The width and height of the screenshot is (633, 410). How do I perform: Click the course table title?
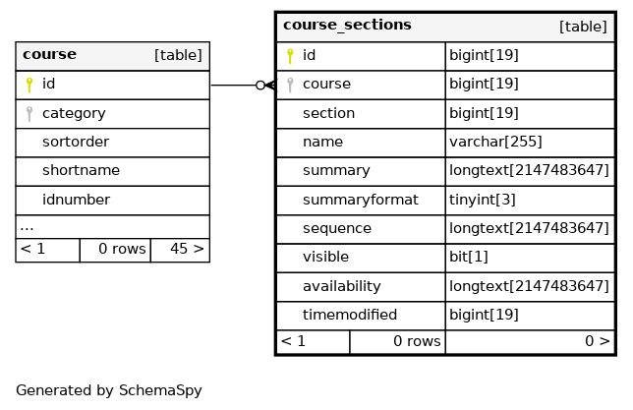coord(50,54)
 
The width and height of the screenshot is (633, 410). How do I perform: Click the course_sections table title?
coord(347,25)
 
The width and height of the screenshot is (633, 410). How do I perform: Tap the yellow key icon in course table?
coord(29,85)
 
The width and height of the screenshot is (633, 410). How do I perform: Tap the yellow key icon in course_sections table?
coord(290,56)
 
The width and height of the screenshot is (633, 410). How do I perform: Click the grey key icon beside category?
coord(29,113)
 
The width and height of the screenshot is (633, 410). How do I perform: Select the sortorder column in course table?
coord(76,142)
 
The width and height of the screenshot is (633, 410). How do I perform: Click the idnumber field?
coord(76,200)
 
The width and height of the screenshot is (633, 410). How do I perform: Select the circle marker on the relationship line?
coord(260,86)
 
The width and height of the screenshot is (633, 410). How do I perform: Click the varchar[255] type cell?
coord(495,142)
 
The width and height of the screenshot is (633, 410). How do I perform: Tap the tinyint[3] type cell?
coord(483,200)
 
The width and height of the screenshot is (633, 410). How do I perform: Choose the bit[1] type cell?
coord(469,257)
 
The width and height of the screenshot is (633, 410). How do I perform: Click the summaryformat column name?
coord(361,200)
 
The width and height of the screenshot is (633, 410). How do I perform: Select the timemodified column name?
coord(350,315)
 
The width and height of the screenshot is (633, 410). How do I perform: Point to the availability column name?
coord(341,286)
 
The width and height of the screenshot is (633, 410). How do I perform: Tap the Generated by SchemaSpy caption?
coord(109,390)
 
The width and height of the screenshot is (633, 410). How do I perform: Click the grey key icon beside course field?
coord(290,85)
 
